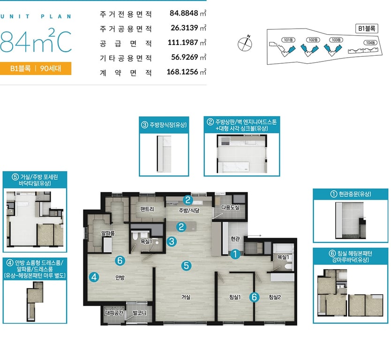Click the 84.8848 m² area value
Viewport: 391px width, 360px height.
[188, 13]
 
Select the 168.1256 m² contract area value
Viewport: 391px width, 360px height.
[186, 72]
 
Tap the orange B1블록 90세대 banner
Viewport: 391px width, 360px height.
[36, 68]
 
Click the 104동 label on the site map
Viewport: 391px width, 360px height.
[370, 43]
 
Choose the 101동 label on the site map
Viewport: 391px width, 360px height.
[288, 40]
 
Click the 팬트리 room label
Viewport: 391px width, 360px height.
[147, 209]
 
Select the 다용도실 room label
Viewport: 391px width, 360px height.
[230, 207]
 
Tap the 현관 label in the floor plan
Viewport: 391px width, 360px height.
[235, 239]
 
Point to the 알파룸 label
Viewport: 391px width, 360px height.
[108, 233]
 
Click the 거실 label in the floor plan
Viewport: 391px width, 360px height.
[186, 297]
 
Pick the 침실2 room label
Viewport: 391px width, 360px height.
[275, 297]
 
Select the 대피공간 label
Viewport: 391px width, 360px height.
[114, 313]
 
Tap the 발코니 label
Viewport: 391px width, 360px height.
[140, 313]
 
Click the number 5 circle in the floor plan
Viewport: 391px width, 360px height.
[186, 265]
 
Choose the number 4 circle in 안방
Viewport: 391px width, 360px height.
[94, 277]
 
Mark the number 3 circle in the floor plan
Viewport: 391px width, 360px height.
[172, 241]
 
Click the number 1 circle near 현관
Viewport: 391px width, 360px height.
[235, 254]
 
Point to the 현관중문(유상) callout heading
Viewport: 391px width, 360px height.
[351, 194]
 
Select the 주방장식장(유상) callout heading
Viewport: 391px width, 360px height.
[164, 125]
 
